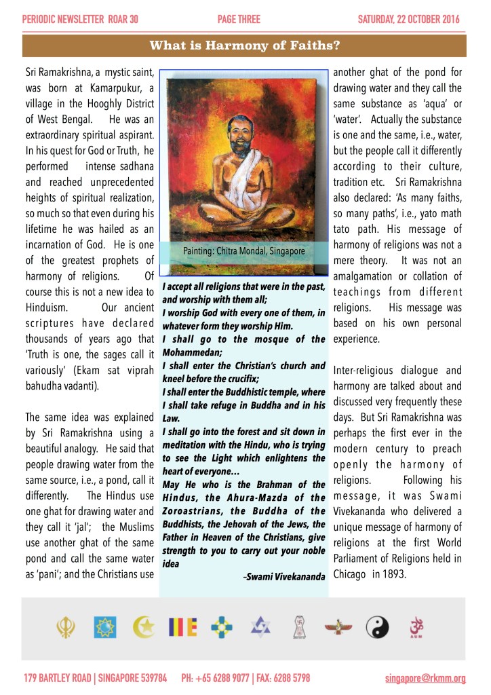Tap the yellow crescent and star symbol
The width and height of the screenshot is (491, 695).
click(144, 625)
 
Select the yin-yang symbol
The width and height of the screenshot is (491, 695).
click(377, 626)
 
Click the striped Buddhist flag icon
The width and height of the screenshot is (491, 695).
click(182, 626)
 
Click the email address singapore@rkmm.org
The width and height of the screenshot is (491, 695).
click(425, 678)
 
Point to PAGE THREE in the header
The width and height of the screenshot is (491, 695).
click(239, 19)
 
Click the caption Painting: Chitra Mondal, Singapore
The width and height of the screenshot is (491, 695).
click(244, 251)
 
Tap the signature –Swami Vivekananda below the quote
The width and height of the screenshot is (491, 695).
click(283, 576)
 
